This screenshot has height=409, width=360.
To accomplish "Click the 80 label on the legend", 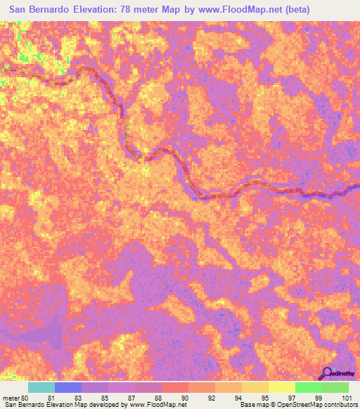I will coord(25,398).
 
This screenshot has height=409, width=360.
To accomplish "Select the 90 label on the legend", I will coord(184,398).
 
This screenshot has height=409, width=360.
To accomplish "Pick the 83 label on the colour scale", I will coord(77,398).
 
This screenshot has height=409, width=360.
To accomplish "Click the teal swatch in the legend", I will coord(41,387).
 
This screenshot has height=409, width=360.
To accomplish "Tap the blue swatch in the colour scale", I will coord(68,387).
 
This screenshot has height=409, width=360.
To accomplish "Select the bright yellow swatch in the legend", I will coord(281,387).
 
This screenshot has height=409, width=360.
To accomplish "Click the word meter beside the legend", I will coord(11,398).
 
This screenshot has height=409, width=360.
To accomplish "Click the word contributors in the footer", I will coord(340,405).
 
